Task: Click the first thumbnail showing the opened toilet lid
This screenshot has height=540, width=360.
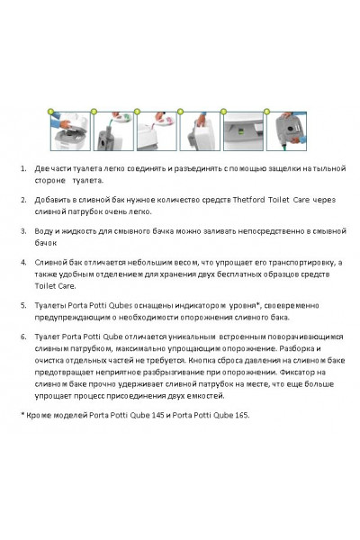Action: click(x=70, y=131)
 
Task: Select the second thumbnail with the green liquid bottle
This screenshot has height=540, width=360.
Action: click(x=113, y=131)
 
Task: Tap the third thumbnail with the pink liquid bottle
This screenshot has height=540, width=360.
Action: click(x=157, y=131)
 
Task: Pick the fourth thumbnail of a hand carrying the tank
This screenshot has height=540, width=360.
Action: click(x=200, y=131)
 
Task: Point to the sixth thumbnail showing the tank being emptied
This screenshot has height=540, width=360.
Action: click(x=286, y=131)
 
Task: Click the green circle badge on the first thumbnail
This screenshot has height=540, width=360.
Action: click(x=51, y=112)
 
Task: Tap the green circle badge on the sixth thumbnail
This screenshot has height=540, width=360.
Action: click(x=266, y=112)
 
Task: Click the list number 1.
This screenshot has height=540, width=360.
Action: click(x=23, y=169)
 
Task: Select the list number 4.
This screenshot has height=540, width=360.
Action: click(x=23, y=263)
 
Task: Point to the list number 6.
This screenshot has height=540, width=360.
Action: click(x=23, y=337)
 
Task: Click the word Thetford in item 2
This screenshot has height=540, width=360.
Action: click(x=249, y=200)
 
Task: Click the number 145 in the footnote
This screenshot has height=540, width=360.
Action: click(x=157, y=415)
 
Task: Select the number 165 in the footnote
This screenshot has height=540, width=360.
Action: click(x=241, y=415)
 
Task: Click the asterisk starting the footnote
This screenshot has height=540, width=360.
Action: click(x=22, y=414)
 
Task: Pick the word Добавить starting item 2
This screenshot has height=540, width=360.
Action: click(x=48, y=200)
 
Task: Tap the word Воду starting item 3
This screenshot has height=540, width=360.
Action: click(x=42, y=231)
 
